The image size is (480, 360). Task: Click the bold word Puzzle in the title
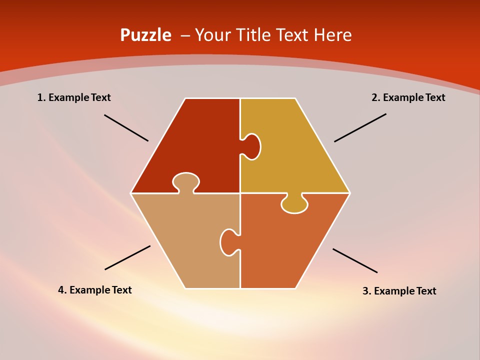click(x=145, y=35)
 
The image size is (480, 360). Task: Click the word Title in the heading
click(x=254, y=35)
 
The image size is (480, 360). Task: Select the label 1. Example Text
click(x=74, y=97)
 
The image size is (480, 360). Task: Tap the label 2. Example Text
click(x=408, y=97)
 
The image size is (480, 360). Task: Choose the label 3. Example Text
click(x=399, y=291)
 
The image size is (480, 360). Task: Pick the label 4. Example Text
click(x=95, y=290)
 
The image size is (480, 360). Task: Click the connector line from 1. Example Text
click(x=126, y=128)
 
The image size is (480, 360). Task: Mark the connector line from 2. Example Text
click(x=360, y=127)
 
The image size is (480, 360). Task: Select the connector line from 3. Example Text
click(x=355, y=260)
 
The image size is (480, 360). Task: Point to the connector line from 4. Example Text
click(x=127, y=257)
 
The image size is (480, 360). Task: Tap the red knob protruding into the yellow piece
click(x=251, y=146)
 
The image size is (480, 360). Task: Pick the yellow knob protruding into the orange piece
click(x=294, y=204)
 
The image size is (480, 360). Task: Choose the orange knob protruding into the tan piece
click(x=228, y=242)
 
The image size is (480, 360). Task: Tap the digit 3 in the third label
click(x=365, y=291)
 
